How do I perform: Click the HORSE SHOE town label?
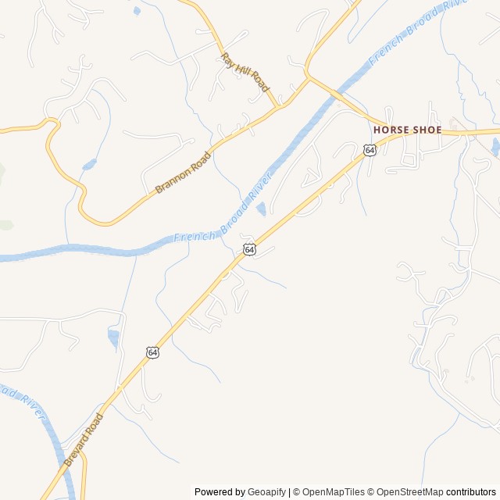click(x=407, y=130)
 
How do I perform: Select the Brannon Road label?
click(x=184, y=171)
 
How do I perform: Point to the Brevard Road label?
click(x=83, y=440)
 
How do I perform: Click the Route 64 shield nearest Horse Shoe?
click(x=370, y=149)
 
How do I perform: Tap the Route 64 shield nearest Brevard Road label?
click(x=152, y=352)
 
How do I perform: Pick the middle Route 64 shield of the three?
click(x=248, y=249)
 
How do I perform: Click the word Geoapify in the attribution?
click(x=267, y=492)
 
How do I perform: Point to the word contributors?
click(x=471, y=492)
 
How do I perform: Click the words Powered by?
click(x=220, y=492)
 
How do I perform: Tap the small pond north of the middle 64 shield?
click(x=261, y=209)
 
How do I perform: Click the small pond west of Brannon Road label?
click(x=88, y=165)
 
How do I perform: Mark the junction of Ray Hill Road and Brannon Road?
click(x=278, y=107)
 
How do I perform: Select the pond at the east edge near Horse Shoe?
click(x=495, y=145)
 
